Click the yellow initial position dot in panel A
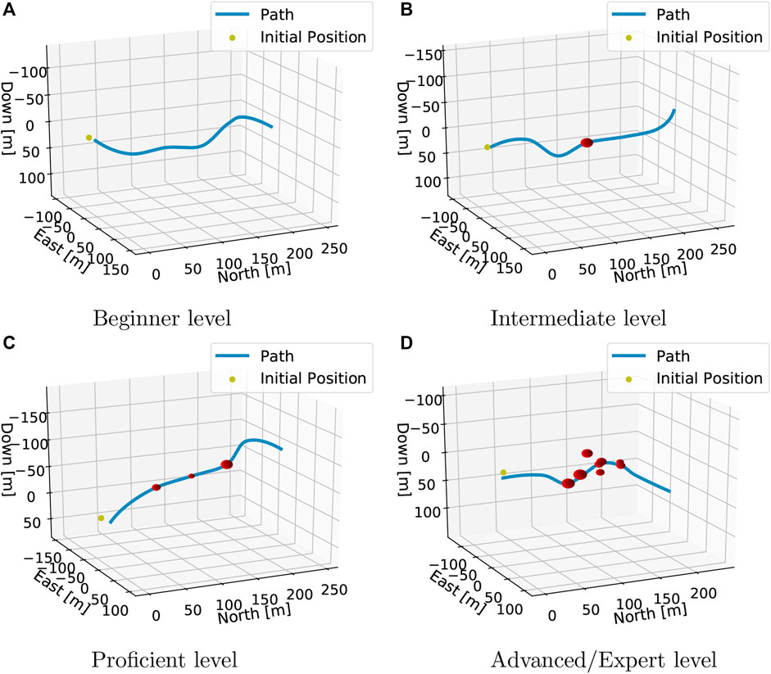coord(88,138)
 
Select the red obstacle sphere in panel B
coord(587,143)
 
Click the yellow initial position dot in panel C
coord(101,518)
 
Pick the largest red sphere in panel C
coord(227,464)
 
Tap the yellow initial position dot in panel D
coord(503,473)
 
